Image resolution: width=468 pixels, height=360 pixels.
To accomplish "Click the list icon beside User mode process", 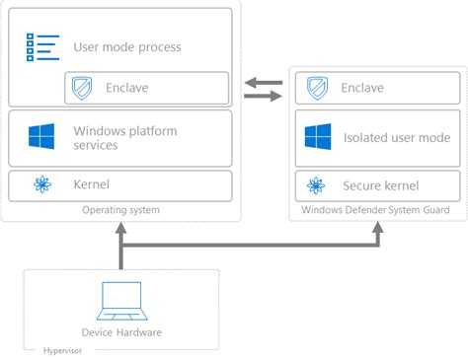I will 40,46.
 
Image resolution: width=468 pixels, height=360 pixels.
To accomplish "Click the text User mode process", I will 127,47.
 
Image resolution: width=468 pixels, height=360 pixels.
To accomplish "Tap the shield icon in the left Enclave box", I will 82,89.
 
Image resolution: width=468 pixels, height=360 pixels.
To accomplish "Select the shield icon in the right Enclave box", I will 317,89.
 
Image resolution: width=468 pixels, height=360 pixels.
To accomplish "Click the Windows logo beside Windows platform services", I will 41,137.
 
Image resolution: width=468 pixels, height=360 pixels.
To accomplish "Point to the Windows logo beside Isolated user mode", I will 317,137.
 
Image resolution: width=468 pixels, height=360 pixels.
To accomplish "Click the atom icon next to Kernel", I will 41,184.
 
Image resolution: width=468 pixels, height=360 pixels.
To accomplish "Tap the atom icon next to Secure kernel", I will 317,184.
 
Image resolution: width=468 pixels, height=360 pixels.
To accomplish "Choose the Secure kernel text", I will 380,184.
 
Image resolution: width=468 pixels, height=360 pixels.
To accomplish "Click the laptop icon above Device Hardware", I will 120,300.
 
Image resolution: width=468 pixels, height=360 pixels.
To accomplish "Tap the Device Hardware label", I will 121,332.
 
